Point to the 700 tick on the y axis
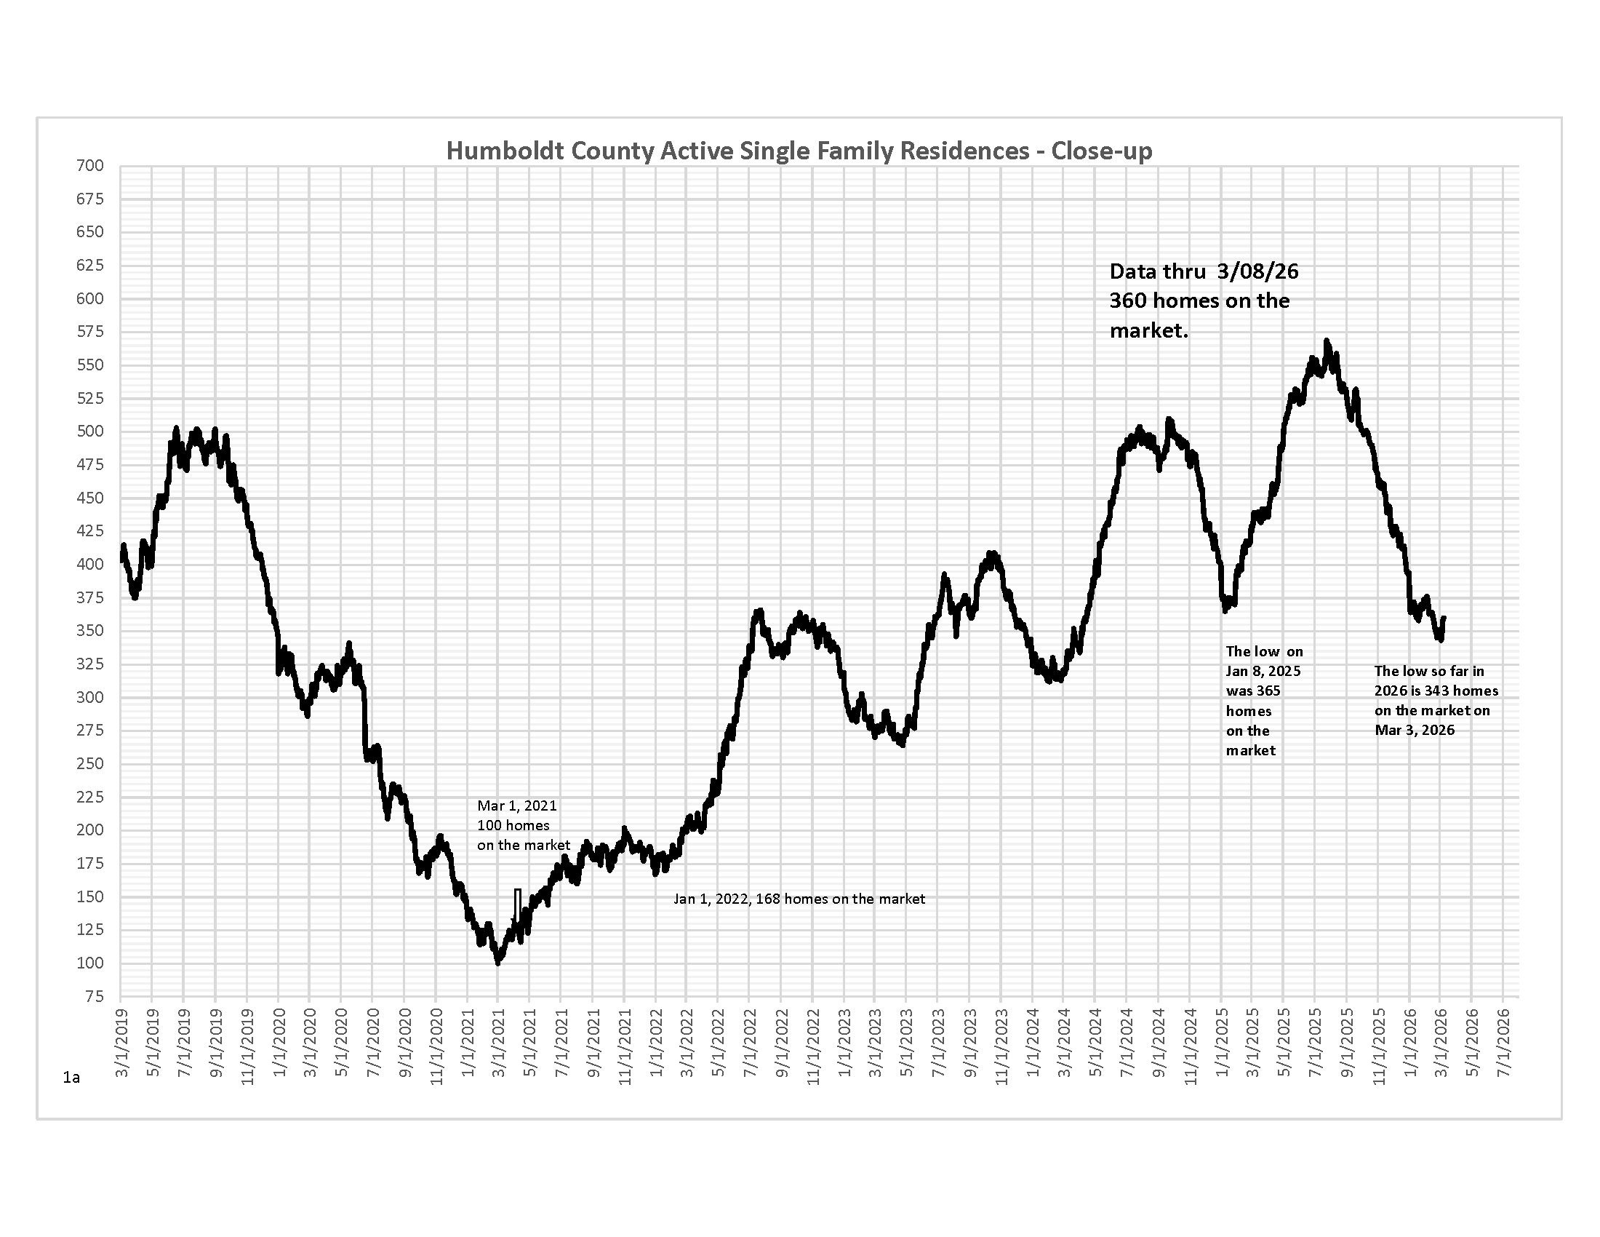click(90, 166)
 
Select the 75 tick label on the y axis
click(94, 996)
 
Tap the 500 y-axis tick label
click(90, 431)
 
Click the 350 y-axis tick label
click(90, 630)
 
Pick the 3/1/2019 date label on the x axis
click(122, 1043)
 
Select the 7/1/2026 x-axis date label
click(1504, 1043)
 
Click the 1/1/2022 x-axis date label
click(657, 1043)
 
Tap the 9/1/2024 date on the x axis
click(1159, 1043)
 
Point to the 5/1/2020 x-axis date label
click(342, 1043)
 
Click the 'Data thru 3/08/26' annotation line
click(1204, 272)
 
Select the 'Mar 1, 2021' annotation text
click(517, 806)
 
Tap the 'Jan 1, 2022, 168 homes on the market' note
click(799, 899)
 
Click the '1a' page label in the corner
click(71, 1077)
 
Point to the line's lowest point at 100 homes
click(498, 962)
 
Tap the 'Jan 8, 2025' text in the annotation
click(1263, 671)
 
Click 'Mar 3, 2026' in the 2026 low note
click(1415, 730)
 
